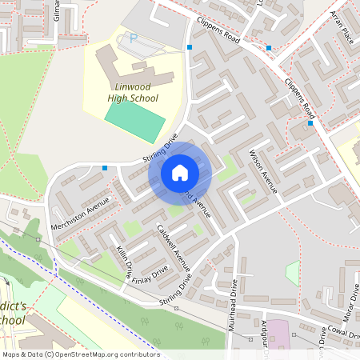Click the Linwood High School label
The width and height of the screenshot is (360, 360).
[x=133, y=91]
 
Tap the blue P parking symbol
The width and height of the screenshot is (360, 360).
[x=134, y=38]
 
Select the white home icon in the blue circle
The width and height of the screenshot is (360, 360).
[x=179, y=173]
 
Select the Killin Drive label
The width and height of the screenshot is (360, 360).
[x=123, y=262]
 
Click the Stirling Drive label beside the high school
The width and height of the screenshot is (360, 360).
[x=159, y=150]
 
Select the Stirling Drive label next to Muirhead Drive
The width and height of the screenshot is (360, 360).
[x=178, y=293]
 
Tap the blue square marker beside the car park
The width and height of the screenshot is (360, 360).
[x=190, y=47]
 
